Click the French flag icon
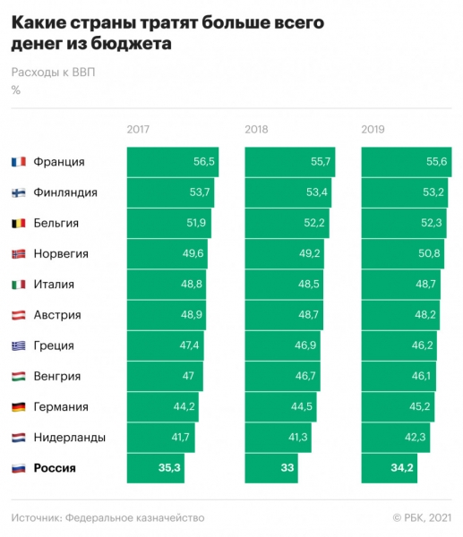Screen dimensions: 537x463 pos(18,162)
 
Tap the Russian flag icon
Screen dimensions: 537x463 pos(18,468)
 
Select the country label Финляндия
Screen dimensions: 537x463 pos(65,192)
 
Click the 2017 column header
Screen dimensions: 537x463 pos(139,130)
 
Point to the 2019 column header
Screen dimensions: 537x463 pos(373,130)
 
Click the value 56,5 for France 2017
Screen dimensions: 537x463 pos(204,162)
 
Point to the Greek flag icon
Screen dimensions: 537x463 pos(18,345)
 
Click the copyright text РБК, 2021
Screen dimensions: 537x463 pos(426,517)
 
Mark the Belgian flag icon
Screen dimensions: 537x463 pos(18,223)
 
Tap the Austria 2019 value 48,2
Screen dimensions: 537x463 pos(424,315)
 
